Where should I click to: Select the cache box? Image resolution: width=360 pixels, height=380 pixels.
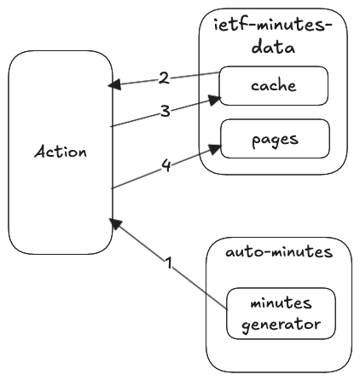(274, 85)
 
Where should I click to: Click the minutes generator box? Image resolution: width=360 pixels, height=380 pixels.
(280, 314)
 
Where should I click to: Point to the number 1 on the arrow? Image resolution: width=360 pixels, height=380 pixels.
(169, 264)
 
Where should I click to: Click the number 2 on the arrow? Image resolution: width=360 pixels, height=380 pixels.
(163, 78)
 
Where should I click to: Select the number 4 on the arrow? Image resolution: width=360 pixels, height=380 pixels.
(167, 166)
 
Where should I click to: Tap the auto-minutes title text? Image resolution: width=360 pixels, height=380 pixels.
(279, 253)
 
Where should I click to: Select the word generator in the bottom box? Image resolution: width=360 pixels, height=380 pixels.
(280, 325)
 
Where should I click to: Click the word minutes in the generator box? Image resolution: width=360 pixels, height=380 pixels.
(280, 304)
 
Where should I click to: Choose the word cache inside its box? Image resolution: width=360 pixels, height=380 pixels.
(273, 85)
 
